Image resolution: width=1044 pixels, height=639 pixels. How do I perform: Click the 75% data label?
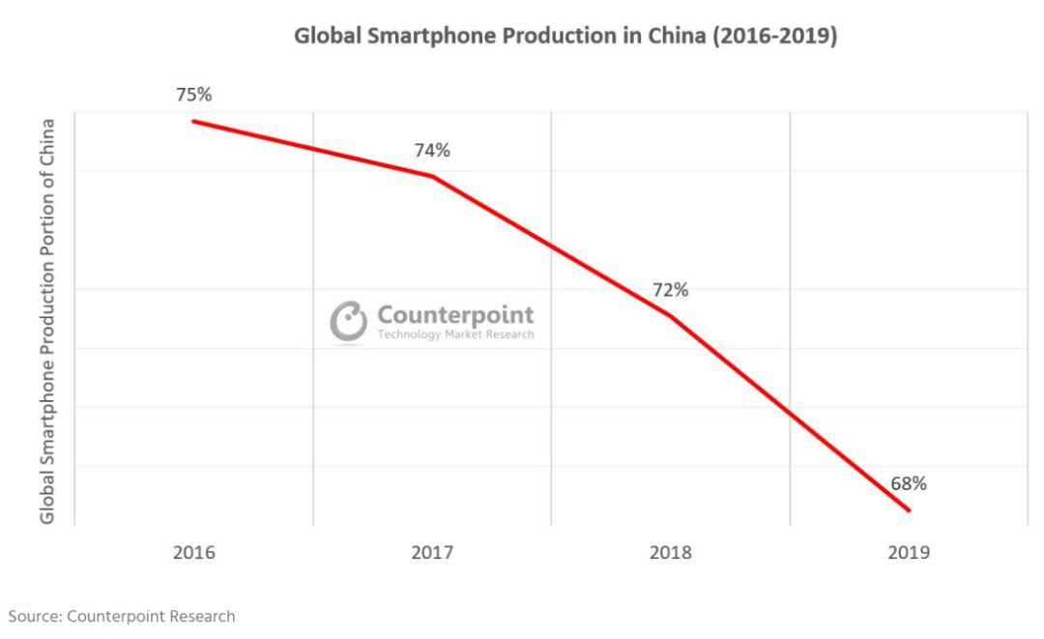[193, 95]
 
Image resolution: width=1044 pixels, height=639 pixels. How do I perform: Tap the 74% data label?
[432, 150]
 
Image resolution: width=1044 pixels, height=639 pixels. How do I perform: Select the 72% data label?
[669, 290]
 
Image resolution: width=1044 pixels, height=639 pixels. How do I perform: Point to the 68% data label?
[909, 483]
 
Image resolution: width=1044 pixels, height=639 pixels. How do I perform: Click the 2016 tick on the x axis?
[193, 554]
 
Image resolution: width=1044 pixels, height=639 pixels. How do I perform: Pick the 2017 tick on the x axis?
[432, 554]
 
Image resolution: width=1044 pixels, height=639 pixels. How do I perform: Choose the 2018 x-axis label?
[670, 554]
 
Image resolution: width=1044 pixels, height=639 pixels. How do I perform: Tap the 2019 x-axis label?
[909, 554]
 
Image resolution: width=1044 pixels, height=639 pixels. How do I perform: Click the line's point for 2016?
[193, 121]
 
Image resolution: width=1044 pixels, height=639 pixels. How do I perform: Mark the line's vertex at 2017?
[432, 176]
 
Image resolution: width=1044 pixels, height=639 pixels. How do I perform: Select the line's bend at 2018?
[670, 316]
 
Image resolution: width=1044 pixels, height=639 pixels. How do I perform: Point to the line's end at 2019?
[909, 510]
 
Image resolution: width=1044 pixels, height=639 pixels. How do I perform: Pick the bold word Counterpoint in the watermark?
[454, 315]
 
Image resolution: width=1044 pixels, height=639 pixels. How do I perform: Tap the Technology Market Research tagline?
[454, 334]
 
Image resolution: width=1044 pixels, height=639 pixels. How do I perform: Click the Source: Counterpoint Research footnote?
[122, 616]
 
